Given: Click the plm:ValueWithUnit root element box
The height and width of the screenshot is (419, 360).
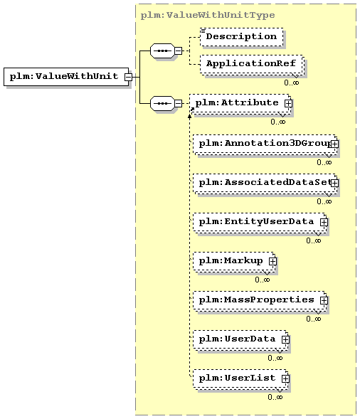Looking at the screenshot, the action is [66, 77].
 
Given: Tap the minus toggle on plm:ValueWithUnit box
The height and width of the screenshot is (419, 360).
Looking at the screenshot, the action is [128, 77].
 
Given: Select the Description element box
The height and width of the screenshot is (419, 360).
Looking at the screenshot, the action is [242, 36].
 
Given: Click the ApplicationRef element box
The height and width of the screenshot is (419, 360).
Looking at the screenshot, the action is [251, 64].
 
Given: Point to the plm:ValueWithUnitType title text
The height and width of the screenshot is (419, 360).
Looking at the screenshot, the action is [208, 15].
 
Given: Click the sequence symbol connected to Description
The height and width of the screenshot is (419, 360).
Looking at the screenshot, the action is [162, 51].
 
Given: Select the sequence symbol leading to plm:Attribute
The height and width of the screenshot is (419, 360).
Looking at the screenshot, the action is [162, 103].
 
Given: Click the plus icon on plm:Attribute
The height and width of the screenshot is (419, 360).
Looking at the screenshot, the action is [288, 103].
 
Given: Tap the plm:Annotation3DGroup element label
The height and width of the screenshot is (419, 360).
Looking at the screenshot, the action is [265, 144].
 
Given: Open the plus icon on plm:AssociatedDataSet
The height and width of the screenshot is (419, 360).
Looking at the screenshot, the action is [334, 183].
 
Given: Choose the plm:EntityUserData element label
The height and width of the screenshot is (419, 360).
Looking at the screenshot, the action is [256, 222].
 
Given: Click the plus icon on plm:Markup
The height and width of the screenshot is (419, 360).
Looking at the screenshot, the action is [272, 261].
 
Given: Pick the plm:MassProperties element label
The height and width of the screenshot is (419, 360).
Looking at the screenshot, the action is [256, 299].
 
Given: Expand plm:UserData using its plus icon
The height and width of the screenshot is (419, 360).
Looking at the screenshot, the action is [285, 339].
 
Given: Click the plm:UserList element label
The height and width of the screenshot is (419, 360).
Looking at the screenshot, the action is [237, 378].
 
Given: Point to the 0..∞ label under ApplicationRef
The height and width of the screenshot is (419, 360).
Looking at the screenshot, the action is [292, 83].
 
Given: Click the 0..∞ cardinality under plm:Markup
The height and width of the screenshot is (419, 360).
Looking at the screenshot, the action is [263, 280].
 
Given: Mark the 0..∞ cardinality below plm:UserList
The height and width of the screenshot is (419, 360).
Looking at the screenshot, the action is [275, 397].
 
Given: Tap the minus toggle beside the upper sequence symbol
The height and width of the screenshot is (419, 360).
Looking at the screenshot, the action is [179, 51].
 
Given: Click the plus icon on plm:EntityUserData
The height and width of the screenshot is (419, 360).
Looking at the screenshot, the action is [324, 222].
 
